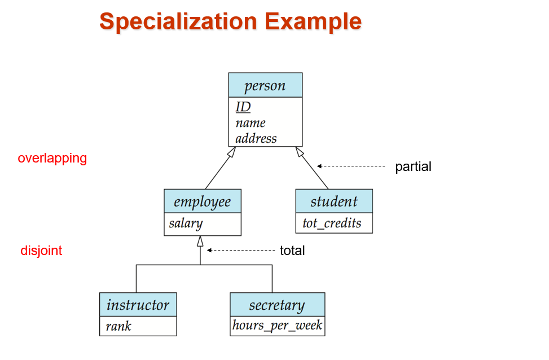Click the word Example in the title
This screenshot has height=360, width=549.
(x=313, y=21)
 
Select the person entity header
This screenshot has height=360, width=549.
(x=265, y=85)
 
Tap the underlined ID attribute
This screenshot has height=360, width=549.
(x=243, y=107)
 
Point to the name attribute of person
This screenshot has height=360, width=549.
(x=251, y=123)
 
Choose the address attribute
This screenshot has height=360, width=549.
(x=256, y=138)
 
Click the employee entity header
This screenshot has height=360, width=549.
(x=203, y=201)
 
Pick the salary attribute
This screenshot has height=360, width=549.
(x=186, y=223)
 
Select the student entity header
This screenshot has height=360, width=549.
(x=334, y=201)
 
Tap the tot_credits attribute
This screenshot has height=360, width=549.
(x=332, y=223)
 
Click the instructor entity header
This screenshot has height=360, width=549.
(x=138, y=305)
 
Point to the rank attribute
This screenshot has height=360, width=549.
(x=118, y=326)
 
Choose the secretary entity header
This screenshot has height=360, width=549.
(x=277, y=305)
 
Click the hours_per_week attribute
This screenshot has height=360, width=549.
(x=277, y=326)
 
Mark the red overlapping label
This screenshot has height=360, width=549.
(x=52, y=159)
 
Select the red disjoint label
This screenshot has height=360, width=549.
(x=41, y=251)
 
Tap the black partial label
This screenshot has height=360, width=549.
(x=413, y=166)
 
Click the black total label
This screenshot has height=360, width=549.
(x=292, y=251)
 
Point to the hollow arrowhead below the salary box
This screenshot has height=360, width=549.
(x=200, y=242)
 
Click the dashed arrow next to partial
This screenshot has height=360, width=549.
(x=351, y=166)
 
